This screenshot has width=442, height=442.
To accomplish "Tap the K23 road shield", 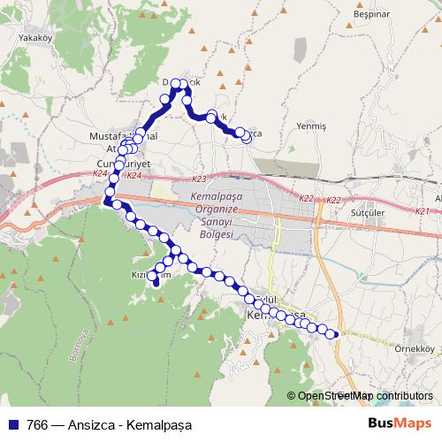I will pos(196,178).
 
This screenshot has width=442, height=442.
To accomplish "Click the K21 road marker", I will pos(422,211).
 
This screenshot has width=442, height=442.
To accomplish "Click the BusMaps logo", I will pos(400,423).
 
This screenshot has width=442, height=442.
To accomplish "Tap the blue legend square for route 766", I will pos(11,423).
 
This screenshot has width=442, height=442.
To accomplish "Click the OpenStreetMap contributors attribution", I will pos(364,396).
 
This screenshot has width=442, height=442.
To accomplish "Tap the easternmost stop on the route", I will pos(334,334).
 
